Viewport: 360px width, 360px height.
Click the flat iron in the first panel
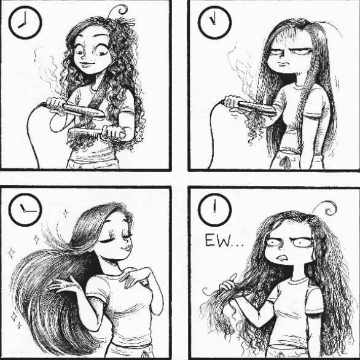[76, 110]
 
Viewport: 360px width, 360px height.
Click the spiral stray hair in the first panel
[119, 10]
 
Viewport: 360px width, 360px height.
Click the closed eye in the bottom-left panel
[108, 241]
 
